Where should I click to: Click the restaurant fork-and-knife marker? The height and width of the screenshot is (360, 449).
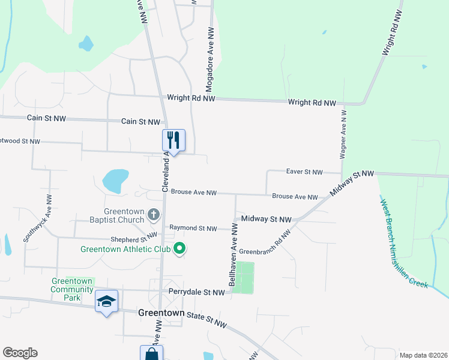click(x=173, y=140)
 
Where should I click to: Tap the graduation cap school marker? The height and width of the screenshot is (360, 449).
click(x=106, y=301)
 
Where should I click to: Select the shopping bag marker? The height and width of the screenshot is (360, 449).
click(x=151, y=353)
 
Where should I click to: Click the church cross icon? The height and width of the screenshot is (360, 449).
click(x=154, y=214)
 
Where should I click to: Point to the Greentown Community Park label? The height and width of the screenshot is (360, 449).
click(x=72, y=289)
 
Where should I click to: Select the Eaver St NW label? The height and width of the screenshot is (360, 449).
click(x=304, y=172)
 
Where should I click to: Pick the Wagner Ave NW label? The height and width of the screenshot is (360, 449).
click(x=343, y=133)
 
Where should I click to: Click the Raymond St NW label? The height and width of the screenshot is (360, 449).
click(x=193, y=228)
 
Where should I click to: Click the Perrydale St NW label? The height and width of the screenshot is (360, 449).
click(x=196, y=292)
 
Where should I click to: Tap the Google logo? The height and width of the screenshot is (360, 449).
click(x=20, y=353)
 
